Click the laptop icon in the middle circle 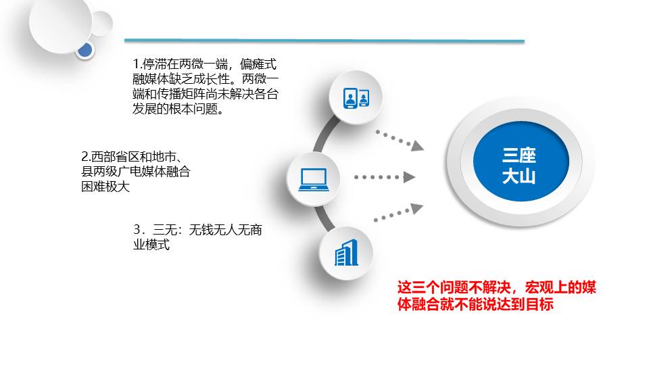pos(314,180)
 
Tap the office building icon pos(346,252)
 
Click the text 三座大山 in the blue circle pos(519,166)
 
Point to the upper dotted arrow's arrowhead pos(417,146)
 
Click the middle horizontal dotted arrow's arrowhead pos(410,177)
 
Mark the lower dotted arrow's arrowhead pos(417,208)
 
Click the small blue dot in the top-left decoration pos(85,51)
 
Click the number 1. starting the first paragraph pos(137,64)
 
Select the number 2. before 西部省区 pos(86,157)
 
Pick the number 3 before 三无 pos(137,229)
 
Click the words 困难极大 pos(105,187)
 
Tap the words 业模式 pos(151,245)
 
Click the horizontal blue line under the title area pos(324,41)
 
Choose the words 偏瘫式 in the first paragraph pos(258,64)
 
